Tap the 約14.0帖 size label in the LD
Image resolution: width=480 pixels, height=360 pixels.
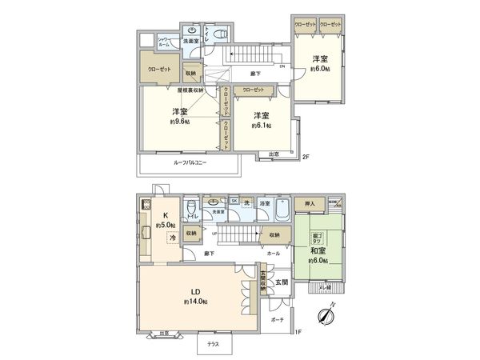click(195, 302)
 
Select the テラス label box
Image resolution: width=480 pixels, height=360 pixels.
click(214, 344)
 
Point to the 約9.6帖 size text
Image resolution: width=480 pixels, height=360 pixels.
click(178, 122)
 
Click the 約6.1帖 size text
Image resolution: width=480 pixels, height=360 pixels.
click(260, 126)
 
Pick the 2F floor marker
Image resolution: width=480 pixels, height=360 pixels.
click(306, 156)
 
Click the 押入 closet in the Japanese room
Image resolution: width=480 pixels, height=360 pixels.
click(310, 205)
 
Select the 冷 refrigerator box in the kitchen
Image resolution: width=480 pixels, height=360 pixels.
click(172, 238)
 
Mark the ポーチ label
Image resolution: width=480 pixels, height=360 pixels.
click(278, 319)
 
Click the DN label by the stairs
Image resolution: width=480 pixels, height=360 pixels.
click(282, 66)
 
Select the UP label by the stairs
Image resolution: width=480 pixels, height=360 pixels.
click(215, 233)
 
